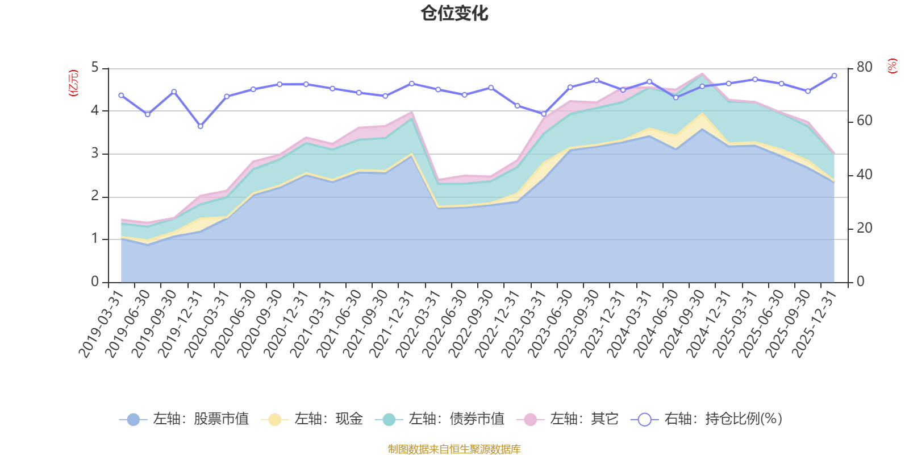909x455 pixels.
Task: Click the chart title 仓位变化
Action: click(x=454, y=13)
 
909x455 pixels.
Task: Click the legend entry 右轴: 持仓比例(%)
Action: click(x=707, y=420)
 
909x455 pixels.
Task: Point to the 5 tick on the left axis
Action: click(x=95, y=68)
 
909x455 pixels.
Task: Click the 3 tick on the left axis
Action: click(x=95, y=154)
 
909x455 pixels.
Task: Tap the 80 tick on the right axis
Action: click(x=864, y=67)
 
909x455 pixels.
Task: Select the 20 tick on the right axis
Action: click(x=864, y=228)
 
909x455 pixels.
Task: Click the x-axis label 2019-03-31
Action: click(x=101, y=324)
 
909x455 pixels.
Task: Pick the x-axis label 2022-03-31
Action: click(x=418, y=324)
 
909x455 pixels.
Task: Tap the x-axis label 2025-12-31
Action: click(x=815, y=324)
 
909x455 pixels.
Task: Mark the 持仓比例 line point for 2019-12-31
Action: click(x=200, y=126)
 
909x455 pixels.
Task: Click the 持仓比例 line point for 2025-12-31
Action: click(x=834, y=76)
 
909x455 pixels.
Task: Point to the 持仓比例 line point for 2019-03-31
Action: click(x=121, y=96)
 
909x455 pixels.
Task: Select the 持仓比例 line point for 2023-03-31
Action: click(x=544, y=114)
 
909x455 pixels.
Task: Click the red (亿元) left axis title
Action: click(x=73, y=83)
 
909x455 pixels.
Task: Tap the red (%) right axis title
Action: click(x=893, y=66)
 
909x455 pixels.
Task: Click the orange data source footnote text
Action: click(x=454, y=449)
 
